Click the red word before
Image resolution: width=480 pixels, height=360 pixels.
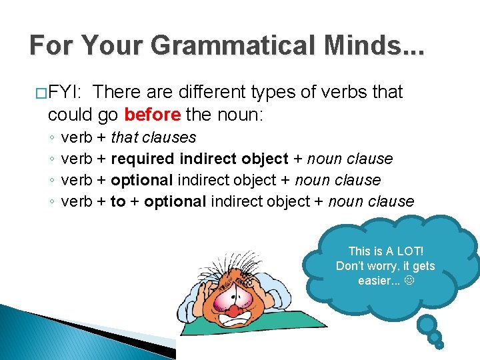(153, 115)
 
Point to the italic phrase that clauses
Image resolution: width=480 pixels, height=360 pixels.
(153, 138)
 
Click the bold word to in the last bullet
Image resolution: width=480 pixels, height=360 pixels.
(118, 201)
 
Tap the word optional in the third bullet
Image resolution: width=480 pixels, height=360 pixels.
(141, 180)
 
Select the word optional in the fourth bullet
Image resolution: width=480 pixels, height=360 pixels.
(175, 201)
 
